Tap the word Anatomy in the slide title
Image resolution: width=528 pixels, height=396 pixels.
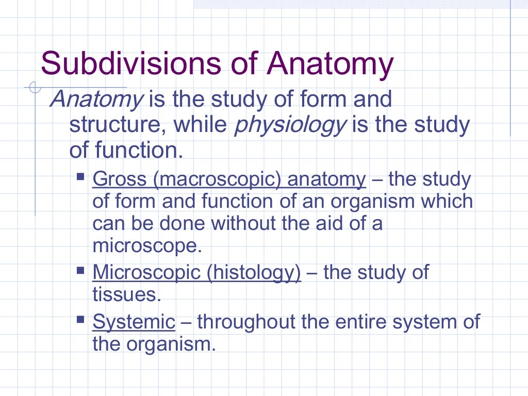coord(330,64)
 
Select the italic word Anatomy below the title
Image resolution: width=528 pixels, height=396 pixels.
coord(96,98)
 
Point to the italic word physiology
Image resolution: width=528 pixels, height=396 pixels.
coord(289,125)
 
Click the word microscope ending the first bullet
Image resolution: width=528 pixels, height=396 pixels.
coord(145,245)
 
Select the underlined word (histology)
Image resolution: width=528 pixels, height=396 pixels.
coord(254,272)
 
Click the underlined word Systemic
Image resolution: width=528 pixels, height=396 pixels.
coord(134,322)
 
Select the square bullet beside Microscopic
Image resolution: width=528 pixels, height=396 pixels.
coord(80,269)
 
